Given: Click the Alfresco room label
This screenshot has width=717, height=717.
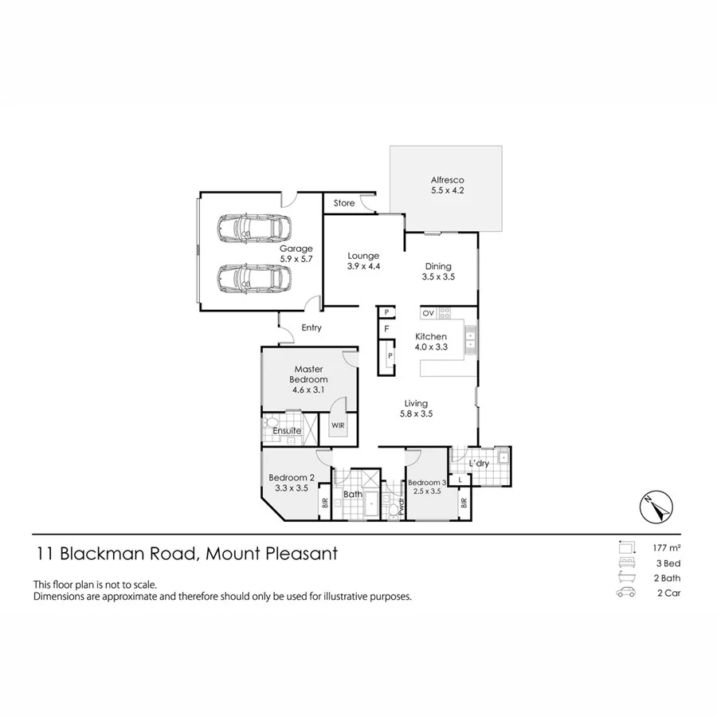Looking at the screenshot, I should click(x=446, y=180).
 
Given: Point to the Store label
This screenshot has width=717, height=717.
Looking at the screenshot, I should click(x=344, y=203).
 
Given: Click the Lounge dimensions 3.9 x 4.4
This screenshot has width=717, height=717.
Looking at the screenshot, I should click(x=363, y=267).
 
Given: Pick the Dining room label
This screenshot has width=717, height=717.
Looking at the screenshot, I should click(x=437, y=266).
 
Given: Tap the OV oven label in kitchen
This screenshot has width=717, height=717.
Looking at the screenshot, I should click(x=428, y=313).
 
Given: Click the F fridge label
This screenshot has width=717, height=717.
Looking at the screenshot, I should click(x=386, y=328).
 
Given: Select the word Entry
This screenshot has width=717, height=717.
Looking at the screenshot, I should click(x=311, y=327).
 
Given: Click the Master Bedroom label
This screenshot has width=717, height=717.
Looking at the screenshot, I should click(x=309, y=374).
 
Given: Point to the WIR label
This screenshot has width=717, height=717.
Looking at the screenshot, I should click(x=338, y=425).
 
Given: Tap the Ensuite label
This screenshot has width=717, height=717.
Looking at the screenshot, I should click(x=287, y=431).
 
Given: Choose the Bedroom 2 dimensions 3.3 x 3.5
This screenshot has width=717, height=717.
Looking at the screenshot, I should click(x=291, y=488).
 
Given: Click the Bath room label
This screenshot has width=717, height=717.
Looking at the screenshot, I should click(x=353, y=495).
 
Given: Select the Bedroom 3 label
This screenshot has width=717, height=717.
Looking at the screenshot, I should click(x=427, y=483).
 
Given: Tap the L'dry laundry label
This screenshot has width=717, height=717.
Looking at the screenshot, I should click(x=479, y=463).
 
